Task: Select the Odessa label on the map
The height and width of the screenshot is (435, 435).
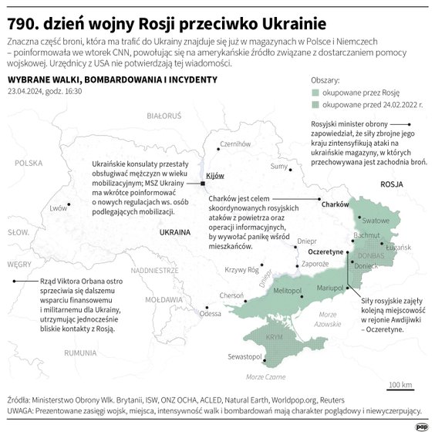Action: (210, 313)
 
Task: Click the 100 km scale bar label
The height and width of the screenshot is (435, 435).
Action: (400, 383)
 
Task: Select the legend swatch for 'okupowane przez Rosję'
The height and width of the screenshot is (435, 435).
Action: (314, 93)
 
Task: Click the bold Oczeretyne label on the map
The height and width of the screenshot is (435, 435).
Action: (325, 252)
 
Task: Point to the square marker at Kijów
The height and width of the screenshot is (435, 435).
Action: (202, 184)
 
